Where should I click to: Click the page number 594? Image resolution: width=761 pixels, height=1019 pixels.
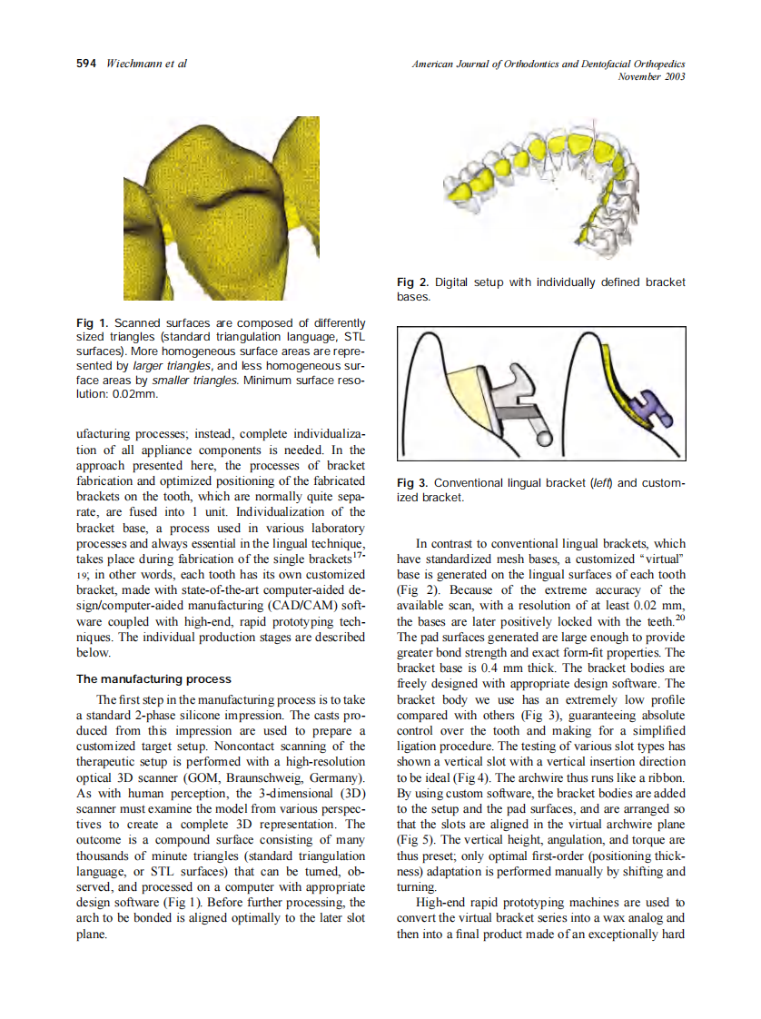87,64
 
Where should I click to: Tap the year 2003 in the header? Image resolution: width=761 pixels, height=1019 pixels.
674,76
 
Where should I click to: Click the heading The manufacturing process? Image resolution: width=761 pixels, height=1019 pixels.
153,678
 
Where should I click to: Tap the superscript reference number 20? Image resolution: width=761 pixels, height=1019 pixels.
680,619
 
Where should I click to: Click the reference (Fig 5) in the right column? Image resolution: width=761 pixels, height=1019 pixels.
414,840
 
